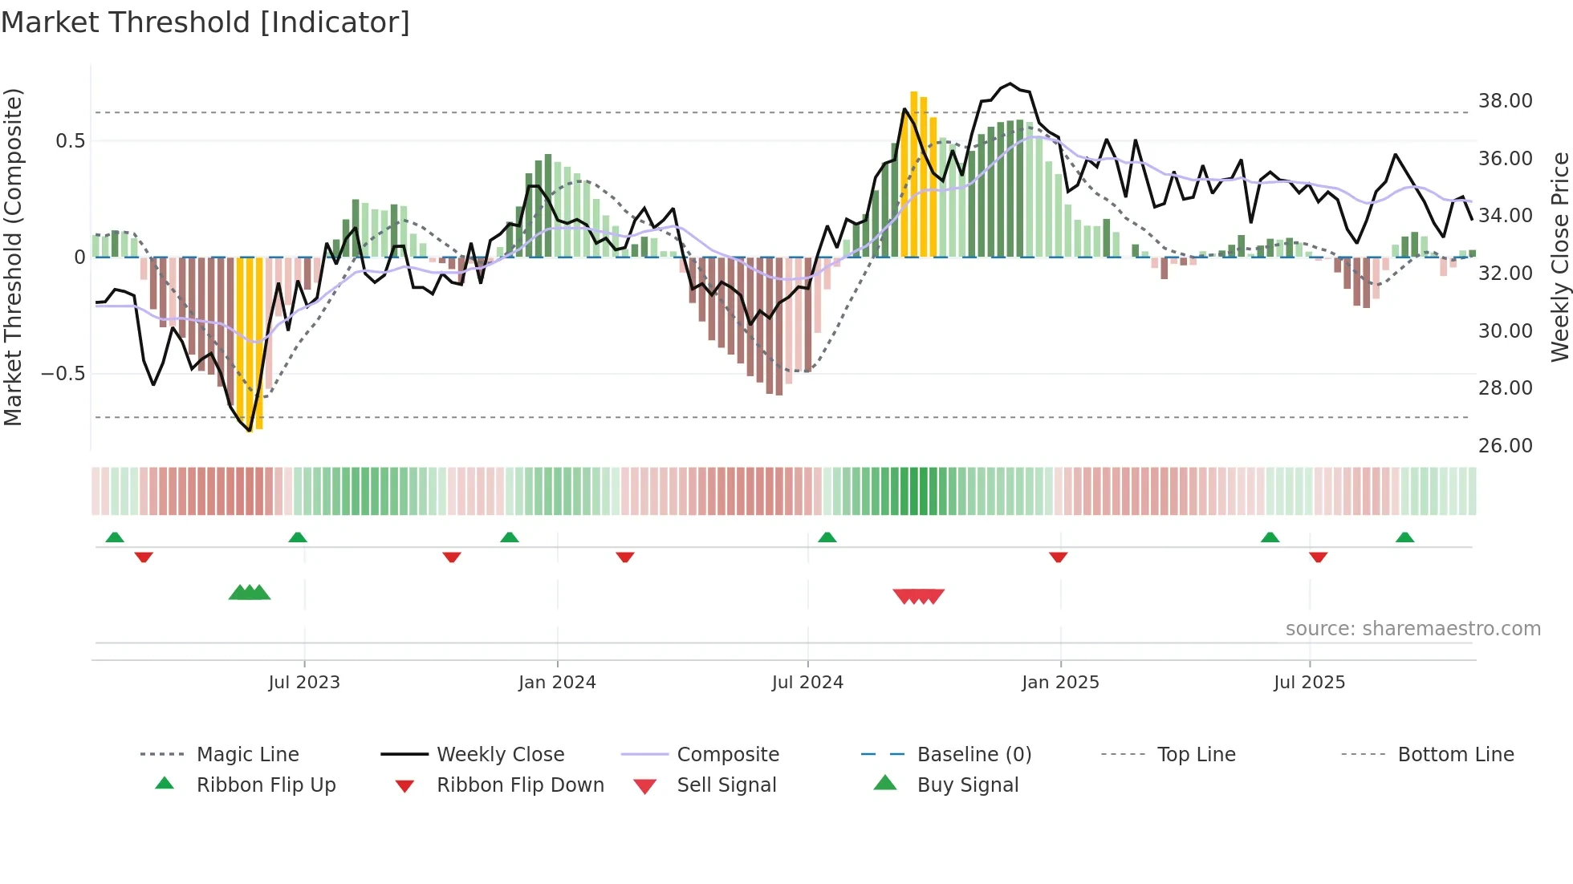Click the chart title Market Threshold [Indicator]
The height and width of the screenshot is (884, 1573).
click(x=205, y=22)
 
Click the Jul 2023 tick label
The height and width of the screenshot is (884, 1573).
click(x=304, y=683)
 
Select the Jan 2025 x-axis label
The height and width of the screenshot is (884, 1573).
click(x=1060, y=683)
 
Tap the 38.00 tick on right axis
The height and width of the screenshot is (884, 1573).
click(x=1505, y=101)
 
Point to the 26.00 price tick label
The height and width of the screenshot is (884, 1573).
click(x=1505, y=446)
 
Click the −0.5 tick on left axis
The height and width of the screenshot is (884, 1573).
click(x=63, y=374)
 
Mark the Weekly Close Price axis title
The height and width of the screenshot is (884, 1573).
click(x=1559, y=257)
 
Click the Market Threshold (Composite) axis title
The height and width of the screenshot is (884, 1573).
click(x=13, y=257)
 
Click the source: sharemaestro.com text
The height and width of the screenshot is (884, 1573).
click(x=1412, y=629)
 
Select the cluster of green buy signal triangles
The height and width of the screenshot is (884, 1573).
click(x=250, y=593)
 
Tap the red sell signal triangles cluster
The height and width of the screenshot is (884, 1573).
click(x=918, y=596)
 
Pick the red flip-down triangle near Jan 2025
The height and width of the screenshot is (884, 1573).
click(x=1058, y=557)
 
